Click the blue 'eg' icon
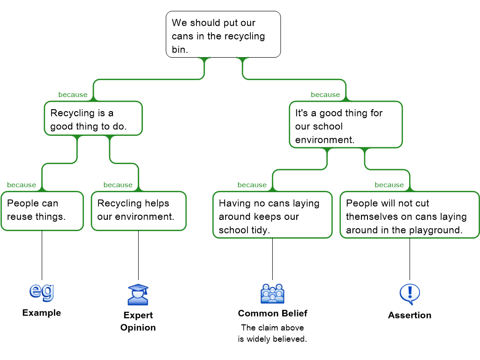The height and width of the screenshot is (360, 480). click(42, 292)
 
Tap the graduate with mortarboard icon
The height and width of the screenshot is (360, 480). click(138, 294)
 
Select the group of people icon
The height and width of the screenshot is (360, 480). click(272, 294)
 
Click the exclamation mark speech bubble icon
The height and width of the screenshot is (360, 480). click(410, 294)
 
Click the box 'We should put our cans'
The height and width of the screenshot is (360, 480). click(223, 35)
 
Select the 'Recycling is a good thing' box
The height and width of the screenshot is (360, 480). click(93, 119)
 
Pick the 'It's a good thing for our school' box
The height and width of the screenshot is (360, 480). click(345, 125)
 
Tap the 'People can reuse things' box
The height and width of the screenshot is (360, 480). click(42, 211)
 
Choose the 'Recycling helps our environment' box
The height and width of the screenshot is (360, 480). click(138, 211)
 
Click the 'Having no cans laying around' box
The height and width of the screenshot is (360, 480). click(272, 215)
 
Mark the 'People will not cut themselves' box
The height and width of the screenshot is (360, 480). click(409, 215)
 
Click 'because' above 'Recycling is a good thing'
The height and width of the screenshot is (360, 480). click(73, 95)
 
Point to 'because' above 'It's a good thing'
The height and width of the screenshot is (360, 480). click(325, 95)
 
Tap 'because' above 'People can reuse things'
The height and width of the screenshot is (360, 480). click(22, 185)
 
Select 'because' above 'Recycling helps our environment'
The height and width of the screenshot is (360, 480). click(118, 185)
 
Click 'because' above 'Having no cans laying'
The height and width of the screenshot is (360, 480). click(252, 185)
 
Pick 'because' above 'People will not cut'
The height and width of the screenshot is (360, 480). click(389, 185)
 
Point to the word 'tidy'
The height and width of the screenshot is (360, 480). click(260, 230)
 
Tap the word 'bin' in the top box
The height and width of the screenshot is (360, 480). click(179, 49)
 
